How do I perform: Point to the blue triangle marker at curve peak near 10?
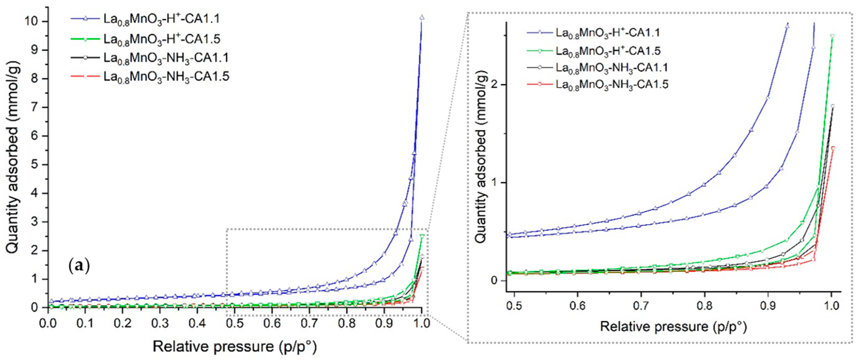pyautogui.click(x=422, y=17)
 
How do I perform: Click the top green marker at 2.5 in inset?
pyautogui.click(x=832, y=36)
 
